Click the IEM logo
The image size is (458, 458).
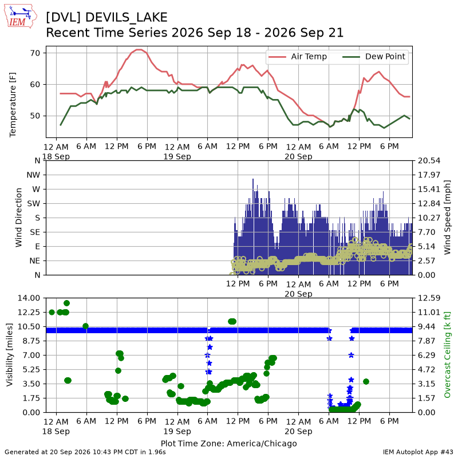point(21,16)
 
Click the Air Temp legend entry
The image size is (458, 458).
point(297,57)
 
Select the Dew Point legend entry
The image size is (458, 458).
point(374,57)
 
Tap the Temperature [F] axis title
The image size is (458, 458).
point(12,105)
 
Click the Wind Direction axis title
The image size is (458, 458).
point(18,218)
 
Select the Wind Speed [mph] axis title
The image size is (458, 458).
point(447,218)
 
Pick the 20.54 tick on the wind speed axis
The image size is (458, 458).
point(429,161)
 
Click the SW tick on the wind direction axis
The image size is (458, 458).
point(33,204)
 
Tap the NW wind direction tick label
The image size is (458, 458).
point(33,175)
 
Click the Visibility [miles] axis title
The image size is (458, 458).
point(9,355)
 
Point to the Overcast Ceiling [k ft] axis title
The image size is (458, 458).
point(447,355)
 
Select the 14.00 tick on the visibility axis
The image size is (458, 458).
point(29,298)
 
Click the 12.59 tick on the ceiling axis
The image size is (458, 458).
point(429,298)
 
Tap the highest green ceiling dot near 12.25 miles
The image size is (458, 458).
point(66,303)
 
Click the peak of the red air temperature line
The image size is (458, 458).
point(139,50)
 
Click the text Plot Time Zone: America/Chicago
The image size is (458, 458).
point(228,443)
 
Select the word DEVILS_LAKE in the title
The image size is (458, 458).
point(126,18)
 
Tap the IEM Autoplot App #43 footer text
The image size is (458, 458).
point(418,452)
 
